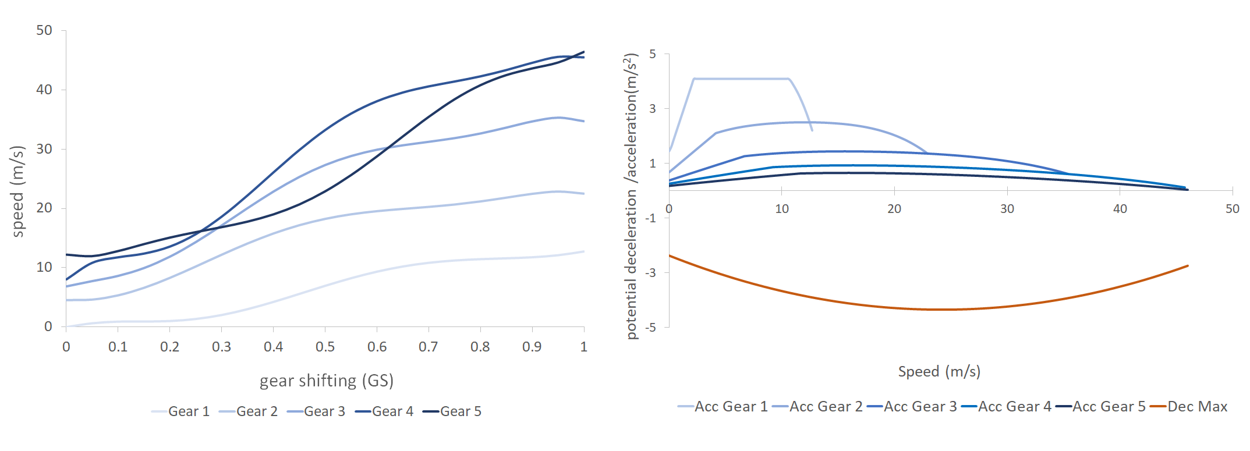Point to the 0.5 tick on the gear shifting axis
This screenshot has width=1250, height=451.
point(325,347)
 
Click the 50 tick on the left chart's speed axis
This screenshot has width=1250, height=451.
point(44,30)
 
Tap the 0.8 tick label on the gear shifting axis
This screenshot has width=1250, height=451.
point(480,347)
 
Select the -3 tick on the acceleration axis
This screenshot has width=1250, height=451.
point(652,272)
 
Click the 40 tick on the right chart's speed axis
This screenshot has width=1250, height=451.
point(1120,209)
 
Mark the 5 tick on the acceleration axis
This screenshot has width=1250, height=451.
point(653,54)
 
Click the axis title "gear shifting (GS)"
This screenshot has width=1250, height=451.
point(327,381)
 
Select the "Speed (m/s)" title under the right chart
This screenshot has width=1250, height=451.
point(939,372)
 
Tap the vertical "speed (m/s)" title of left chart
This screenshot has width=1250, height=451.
point(18,191)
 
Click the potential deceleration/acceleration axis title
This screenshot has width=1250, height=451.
point(631,196)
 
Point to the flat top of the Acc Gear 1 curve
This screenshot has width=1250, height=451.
point(741,79)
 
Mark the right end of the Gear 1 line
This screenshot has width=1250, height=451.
point(584,251)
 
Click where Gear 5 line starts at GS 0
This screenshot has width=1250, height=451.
point(66,254)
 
